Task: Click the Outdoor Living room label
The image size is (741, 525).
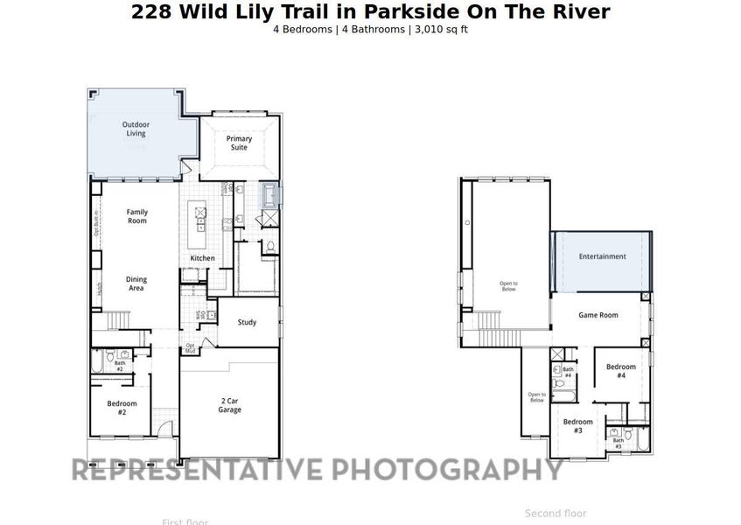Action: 136,129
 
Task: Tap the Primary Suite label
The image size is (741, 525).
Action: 239,143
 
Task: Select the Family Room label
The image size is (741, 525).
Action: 137,216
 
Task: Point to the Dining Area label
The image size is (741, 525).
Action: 136,283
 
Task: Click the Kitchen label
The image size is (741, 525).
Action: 203,258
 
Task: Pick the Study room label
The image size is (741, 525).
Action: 248,322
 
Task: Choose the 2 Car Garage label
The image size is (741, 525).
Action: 230,405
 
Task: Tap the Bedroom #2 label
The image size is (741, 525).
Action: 122,407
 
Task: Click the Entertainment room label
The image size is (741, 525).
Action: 602,256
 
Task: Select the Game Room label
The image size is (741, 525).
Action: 598,315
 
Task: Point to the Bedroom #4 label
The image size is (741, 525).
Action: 620,371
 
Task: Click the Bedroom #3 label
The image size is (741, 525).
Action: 578,426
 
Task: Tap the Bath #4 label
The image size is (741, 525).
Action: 568,372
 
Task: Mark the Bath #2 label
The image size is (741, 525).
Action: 120,367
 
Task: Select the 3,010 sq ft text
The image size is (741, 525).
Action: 441,29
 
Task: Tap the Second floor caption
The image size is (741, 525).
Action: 556,514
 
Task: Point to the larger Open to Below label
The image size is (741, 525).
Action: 509,285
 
